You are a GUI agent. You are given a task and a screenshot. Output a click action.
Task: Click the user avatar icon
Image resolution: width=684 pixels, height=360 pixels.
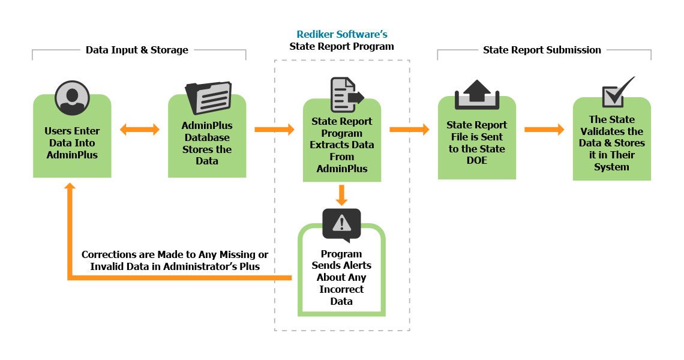pyautogui.click(x=72, y=97)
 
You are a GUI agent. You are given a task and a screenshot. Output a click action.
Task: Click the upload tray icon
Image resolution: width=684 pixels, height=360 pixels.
pyautogui.click(x=477, y=95)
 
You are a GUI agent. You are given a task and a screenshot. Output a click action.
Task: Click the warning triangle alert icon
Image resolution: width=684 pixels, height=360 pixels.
pyautogui.click(x=341, y=223)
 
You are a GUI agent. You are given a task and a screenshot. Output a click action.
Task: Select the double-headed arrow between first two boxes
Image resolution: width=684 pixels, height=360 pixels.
pyautogui.click(x=140, y=130)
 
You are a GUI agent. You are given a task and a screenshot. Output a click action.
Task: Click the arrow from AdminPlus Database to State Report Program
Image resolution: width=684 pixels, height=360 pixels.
pyautogui.click(x=274, y=130)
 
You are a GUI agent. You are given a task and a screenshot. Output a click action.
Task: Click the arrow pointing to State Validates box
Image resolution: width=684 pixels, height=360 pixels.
pyautogui.click(x=544, y=130)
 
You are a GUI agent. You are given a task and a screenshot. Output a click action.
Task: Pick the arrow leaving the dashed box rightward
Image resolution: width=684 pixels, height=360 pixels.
pyautogui.click(x=409, y=130)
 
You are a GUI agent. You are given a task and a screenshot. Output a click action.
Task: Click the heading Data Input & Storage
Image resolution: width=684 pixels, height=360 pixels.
pyautogui.click(x=137, y=50)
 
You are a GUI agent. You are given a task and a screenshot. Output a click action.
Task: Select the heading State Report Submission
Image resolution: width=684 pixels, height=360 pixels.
pyautogui.click(x=542, y=50)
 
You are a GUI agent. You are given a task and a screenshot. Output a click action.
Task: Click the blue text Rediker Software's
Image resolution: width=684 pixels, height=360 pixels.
pyautogui.click(x=342, y=34)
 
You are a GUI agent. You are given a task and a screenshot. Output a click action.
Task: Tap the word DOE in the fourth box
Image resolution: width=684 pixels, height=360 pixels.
pyautogui.click(x=477, y=161)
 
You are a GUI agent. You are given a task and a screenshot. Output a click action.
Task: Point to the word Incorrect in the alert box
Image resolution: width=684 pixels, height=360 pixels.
pyautogui.click(x=341, y=289)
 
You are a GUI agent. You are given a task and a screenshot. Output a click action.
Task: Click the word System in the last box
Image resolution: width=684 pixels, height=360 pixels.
pyautogui.click(x=611, y=167)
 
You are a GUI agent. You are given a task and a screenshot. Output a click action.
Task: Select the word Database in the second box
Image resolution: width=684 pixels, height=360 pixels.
pyautogui.click(x=207, y=137)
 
